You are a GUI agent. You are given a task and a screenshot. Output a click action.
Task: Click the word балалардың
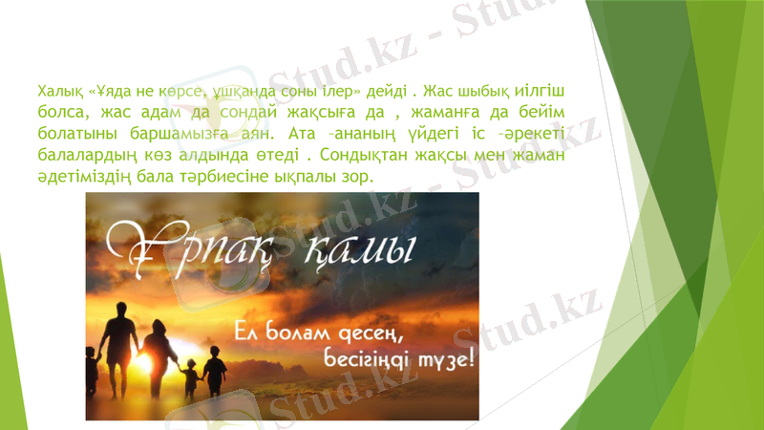(86, 155)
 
